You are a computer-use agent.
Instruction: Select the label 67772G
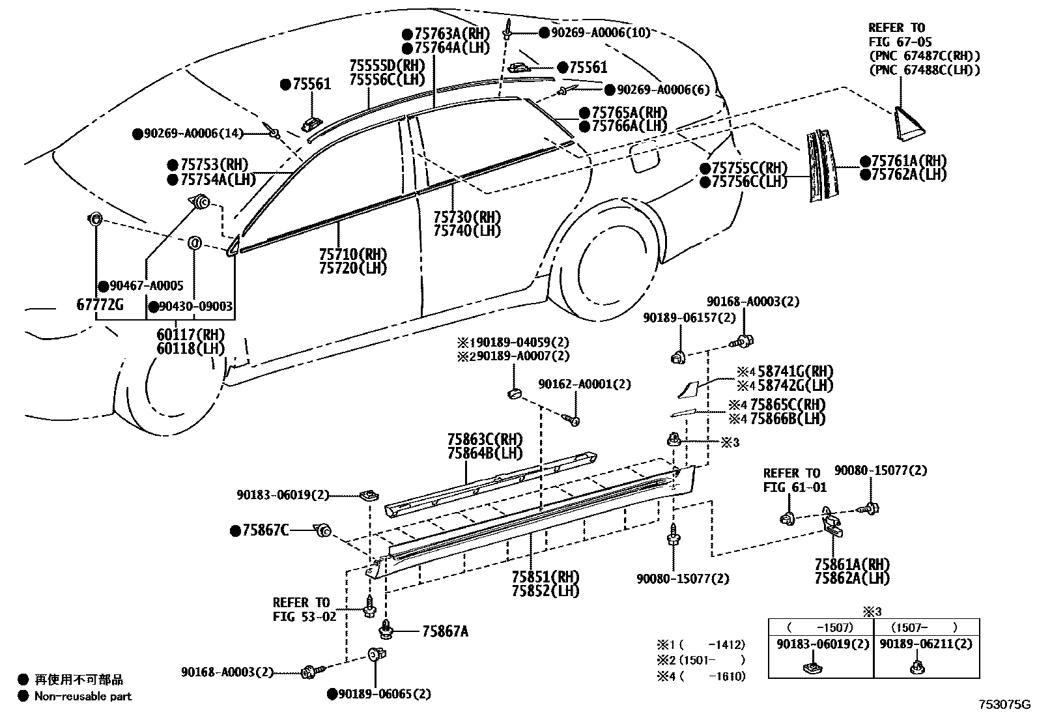click(100, 304)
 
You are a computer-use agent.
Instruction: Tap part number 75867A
click(445, 631)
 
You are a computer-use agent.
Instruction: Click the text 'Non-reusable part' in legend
click(83, 696)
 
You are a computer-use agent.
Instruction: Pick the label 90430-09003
click(195, 306)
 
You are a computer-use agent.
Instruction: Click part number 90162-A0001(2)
click(584, 384)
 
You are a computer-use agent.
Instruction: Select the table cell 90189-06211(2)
click(925, 644)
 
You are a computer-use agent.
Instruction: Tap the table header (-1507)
click(820, 627)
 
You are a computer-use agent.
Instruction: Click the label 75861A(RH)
click(852, 564)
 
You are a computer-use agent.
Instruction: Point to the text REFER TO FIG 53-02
click(301, 609)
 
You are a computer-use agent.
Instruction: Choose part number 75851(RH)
click(545, 577)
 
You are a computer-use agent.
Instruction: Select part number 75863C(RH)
click(485, 439)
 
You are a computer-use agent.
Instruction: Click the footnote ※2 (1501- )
click(700, 660)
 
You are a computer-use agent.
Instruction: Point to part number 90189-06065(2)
click(384, 694)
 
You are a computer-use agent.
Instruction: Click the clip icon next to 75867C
click(322, 532)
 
